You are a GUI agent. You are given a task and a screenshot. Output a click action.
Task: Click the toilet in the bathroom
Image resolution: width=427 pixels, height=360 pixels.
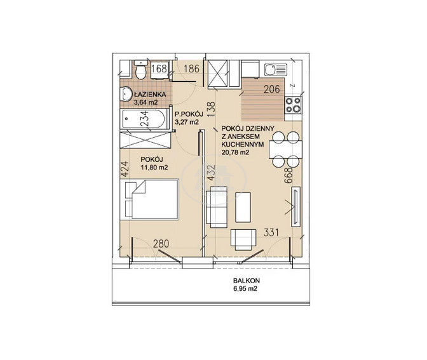click(141, 70)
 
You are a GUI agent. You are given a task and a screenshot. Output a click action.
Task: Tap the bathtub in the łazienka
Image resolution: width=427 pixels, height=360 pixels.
click(143, 119)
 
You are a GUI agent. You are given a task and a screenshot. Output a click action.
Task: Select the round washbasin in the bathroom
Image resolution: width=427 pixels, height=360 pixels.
click(126, 94)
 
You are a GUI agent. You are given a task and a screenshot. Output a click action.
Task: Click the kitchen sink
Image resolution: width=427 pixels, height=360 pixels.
click(276, 70)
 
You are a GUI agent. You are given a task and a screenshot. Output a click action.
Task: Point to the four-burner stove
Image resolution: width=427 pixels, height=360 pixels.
click(293, 105)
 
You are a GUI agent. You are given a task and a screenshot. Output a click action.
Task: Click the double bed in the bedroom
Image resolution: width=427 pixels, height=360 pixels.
click(152, 199)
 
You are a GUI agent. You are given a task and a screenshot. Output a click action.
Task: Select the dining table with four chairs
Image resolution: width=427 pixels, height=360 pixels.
click(285, 149)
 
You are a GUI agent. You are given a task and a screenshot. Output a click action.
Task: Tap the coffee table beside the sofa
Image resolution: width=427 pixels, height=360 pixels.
click(243, 208)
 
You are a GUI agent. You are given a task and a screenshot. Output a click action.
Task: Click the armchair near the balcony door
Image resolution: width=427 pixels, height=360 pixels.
click(243, 239)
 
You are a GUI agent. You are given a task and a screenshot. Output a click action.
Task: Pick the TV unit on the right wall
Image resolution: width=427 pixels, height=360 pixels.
click(295, 207)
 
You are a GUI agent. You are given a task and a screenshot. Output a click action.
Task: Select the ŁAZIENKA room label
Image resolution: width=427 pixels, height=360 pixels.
click(150, 95)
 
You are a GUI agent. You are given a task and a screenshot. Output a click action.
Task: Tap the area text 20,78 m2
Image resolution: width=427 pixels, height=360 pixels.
click(236, 152)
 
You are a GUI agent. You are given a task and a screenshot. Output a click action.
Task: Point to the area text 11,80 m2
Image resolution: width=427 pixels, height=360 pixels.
click(154, 167)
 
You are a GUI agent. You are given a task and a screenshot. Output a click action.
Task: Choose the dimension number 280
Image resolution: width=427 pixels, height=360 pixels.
click(161, 244)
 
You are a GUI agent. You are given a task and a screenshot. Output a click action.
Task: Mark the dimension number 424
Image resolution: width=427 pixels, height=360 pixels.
click(124, 170)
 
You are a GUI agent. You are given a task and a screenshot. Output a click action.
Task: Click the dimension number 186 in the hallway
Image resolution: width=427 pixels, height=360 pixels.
click(191, 69)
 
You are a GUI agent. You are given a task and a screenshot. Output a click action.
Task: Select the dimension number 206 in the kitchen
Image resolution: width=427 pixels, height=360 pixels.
click(272, 89)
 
